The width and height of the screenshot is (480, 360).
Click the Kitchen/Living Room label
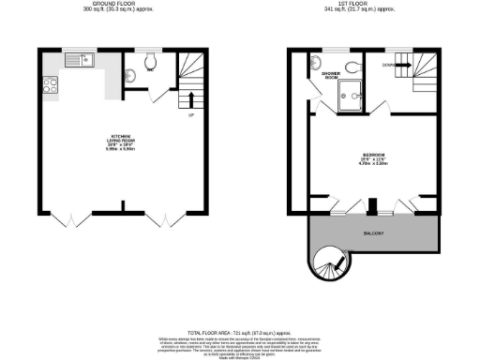119,142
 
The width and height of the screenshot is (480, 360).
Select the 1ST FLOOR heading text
362,4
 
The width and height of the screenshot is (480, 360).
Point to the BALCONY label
373,231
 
